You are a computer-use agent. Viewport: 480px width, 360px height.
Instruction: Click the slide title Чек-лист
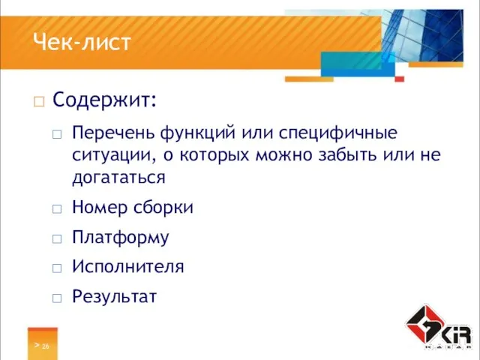pyautogui.click(x=82, y=43)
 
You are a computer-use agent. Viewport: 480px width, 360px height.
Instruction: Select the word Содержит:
pyautogui.click(x=104, y=99)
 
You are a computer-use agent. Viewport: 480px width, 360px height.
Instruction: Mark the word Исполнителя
pyautogui.click(x=127, y=266)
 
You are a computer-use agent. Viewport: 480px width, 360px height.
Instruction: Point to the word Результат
pyautogui.click(x=114, y=296)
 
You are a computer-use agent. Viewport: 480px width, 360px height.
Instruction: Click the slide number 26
pyautogui.click(x=46, y=346)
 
